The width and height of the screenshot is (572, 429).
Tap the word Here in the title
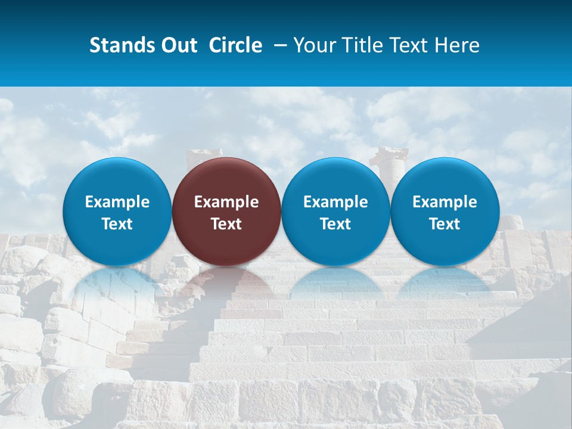coord(458,45)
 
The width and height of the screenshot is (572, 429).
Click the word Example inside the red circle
coord(226,202)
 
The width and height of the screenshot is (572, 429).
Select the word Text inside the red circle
coord(226,224)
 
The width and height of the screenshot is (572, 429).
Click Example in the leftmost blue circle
coord(117,202)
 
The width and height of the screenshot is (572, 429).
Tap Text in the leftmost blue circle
coord(117,224)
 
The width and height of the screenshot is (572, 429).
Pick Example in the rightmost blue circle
coord(444,202)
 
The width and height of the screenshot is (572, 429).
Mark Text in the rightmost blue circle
coord(444,224)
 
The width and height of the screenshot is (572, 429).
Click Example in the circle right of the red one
coord(335,202)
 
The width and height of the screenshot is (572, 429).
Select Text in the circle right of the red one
coord(335,224)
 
